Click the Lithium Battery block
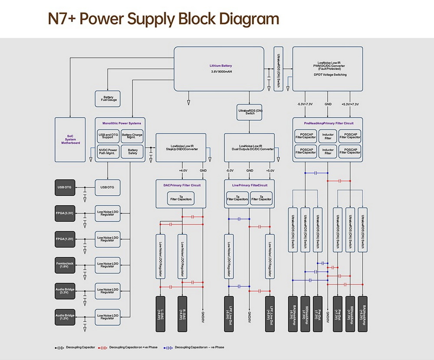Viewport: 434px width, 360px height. [219, 69]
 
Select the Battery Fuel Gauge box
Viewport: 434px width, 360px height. [108, 98]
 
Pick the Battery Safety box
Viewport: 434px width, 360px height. [132, 151]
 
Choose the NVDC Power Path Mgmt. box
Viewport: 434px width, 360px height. [108, 151]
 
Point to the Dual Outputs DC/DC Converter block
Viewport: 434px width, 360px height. [249, 148]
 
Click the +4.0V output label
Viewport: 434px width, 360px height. [183, 170]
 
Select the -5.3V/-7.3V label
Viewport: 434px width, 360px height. [305, 104]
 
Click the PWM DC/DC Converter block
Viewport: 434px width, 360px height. [328, 69]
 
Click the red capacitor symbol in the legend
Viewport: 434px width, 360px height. [103, 348]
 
